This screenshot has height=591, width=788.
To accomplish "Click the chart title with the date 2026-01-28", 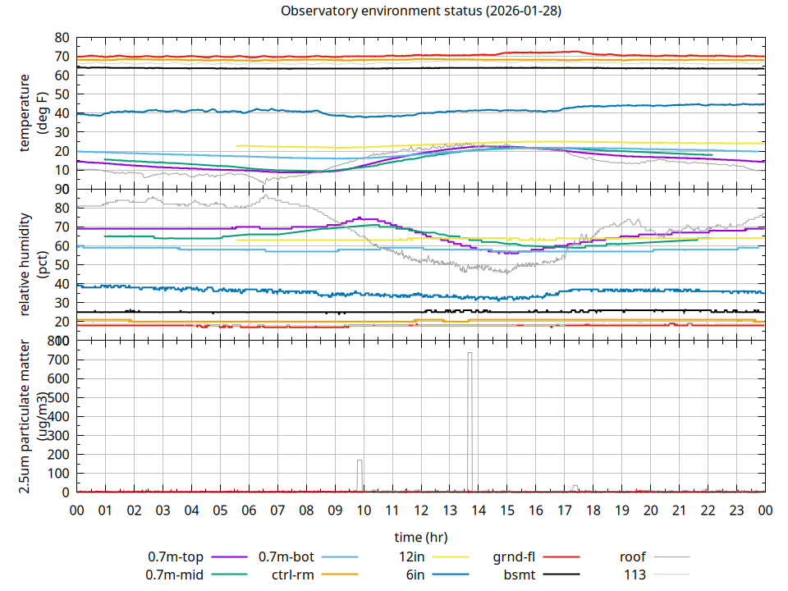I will (x=421, y=11).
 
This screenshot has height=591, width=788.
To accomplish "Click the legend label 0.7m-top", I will (x=176, y=557).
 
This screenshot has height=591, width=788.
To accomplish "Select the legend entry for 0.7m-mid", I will (x=175, y=575).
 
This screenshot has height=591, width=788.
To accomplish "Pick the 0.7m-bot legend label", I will (x=286, y=557).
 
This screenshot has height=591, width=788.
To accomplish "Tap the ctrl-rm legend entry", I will (x=291, y=575).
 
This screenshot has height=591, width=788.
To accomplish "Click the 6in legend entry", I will (x=415, y=575).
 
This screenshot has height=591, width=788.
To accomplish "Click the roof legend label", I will (x=633, y=557).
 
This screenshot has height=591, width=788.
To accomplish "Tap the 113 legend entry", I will (x=635, y=575).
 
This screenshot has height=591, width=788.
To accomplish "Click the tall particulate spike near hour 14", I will (x=470, y=410).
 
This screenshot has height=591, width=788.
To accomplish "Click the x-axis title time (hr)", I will (x=420, y=538).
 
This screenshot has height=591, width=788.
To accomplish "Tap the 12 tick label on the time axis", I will (x=421, y=509).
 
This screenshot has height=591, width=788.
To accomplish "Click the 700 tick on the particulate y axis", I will (x=59, y=360).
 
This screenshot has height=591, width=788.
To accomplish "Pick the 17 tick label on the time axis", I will (x=565, y=509).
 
